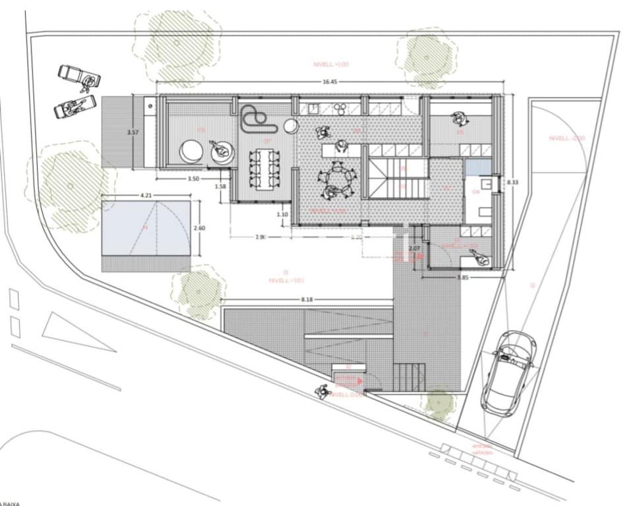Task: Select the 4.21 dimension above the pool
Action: [146, 195]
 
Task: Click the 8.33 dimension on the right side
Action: [511, 182]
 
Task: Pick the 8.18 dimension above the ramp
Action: [308, 300]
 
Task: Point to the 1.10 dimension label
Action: [282, 213]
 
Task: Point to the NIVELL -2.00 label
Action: [566, 138]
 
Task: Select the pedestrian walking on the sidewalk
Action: [322, 391]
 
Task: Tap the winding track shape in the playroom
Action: [254, 119]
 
